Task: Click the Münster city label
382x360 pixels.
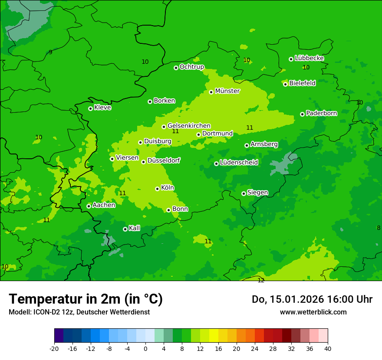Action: click(227, 91)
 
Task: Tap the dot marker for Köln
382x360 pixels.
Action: click(157, 189)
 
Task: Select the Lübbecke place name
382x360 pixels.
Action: click(309, 58)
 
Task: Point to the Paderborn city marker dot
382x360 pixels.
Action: click(302, 114)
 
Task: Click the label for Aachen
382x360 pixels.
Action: click(104, 205)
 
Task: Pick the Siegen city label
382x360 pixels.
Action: click(257, 193)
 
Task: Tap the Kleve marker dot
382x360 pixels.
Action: click(90, 108)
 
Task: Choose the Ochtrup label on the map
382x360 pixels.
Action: click(192, 67)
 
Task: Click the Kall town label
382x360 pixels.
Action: click(135, 228)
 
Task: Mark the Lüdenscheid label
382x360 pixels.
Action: click(239, 163)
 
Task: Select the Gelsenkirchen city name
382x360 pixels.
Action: click(189, 126)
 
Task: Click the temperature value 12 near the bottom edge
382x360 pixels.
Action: click(261, 281)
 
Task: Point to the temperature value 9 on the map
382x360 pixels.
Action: click(50, 52)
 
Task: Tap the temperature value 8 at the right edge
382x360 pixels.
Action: click(379, 228)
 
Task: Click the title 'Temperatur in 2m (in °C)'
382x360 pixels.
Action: click(86, 299)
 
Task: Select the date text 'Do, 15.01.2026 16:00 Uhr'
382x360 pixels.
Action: click(312, 299)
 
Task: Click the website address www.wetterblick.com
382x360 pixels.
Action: click(313, 312)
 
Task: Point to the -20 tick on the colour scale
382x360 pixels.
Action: click(54, 348)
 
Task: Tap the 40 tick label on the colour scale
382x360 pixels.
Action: click(328, 348)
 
